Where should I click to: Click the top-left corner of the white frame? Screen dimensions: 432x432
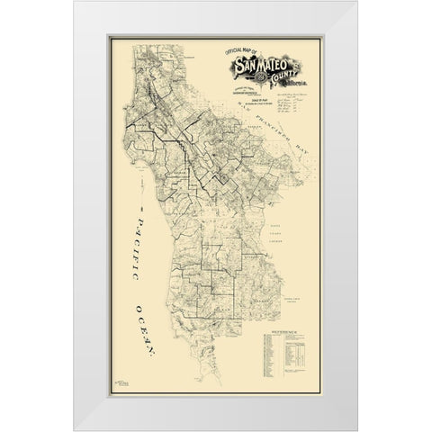(x=76, y=3)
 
